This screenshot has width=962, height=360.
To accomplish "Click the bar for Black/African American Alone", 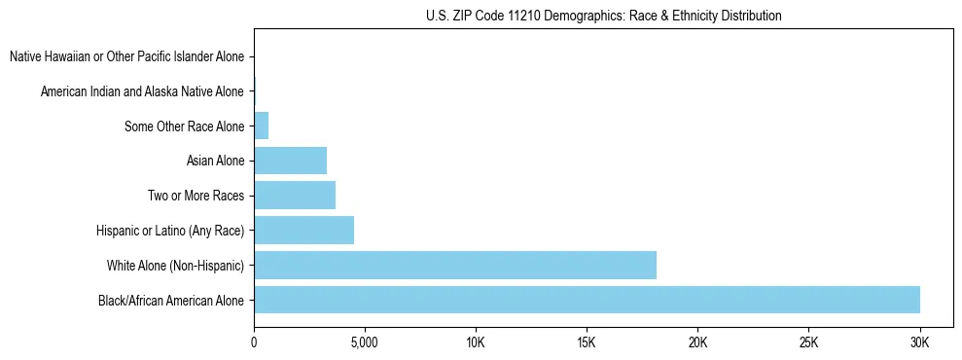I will click(x=587, y=300).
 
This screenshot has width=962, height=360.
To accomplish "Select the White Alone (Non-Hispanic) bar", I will click(x=455, y=265).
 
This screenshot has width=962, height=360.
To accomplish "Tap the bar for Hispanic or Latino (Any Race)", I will click(x=303, y=231).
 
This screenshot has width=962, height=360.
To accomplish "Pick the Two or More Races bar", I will click(x=295, y=196).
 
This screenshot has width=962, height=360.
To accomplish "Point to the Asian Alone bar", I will click(x=290, y=161).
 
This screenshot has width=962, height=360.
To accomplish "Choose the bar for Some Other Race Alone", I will click(x=261, y=126).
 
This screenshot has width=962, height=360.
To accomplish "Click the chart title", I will click(x=603, y=16).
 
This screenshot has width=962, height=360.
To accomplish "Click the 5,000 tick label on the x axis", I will click(x=364, y=342).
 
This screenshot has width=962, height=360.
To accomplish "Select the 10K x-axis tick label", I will click(x=476, y=342).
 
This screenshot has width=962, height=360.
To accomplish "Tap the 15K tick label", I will click(x=587, y=342).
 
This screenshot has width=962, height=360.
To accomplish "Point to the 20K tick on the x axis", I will click(x=697, y=342).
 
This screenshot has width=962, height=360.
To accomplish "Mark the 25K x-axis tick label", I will click(x=808, y=342).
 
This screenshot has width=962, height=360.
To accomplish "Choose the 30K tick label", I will click(x=919, y=342).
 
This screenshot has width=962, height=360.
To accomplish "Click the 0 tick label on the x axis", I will click(x=254, y=342).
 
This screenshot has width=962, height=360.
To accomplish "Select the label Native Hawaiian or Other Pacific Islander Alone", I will click(x=126, y=56).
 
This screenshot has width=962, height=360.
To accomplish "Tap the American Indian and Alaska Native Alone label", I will click(x=142, y=91).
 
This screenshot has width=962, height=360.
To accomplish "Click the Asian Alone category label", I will click(x=215, y=161).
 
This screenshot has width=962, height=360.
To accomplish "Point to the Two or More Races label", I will click(x=196, y=196).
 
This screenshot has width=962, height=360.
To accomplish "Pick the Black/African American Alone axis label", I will click(x=171, y=300).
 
